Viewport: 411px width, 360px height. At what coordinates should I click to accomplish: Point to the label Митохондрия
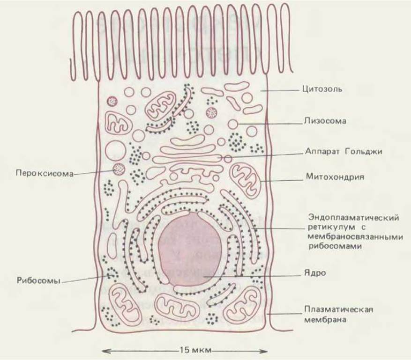(329, 177)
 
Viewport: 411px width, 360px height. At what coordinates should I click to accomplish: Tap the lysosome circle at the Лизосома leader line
(233, 124)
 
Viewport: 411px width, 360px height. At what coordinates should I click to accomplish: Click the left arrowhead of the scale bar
(103, 350)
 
